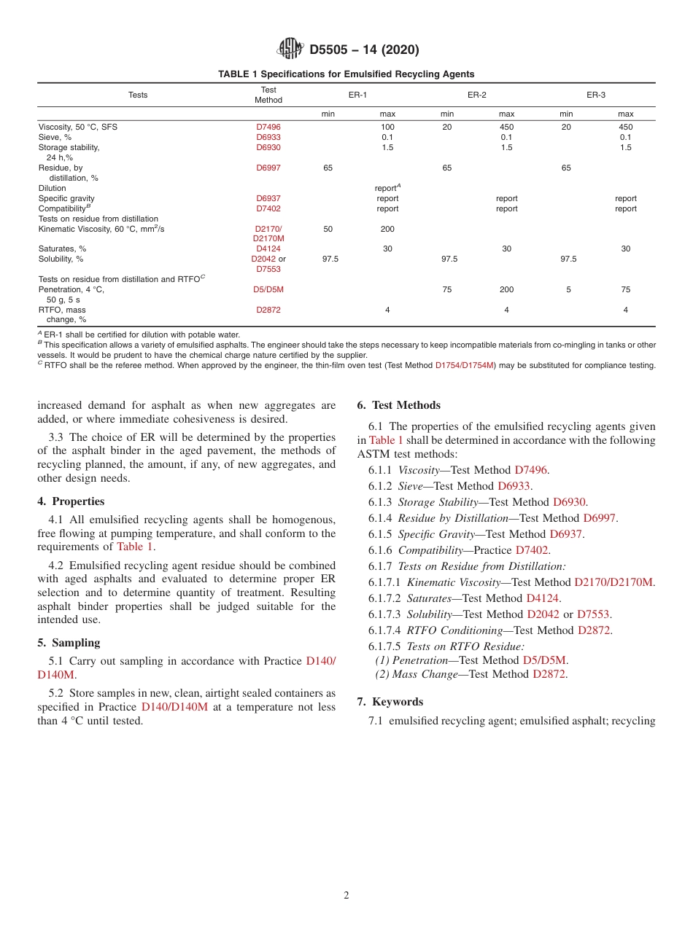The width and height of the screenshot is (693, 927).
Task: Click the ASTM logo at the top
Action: pyautogui.click(x=290, y=50)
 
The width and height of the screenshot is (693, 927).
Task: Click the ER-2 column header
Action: pyautogui.click(x=477, y=95)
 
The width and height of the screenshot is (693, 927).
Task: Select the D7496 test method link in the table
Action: pyautogui.click(x=268, y=127)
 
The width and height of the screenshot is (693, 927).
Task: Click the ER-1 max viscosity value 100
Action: pyautogui.click(x=387, y=127)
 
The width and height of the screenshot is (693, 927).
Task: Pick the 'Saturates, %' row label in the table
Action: pyautogui.click(x=62, y=249)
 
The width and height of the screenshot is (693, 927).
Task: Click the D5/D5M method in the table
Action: pyautogui.click(x=268, y=289)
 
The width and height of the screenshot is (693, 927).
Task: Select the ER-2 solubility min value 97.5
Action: pyautogui.click(x=449, y=259)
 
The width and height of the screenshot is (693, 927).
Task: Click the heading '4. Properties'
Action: pyautogui.click(x=71, y=501)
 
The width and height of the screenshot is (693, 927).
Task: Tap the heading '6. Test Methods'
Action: pyautogui.click(x=398, y=405)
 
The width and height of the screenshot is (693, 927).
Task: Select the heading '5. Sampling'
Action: pyautogui.click(x=69, y=643)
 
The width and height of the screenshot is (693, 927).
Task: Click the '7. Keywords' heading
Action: pyautogui.click(x=390, y=702)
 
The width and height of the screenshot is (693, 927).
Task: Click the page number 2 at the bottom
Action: pyautogui.click(x=346, y=896)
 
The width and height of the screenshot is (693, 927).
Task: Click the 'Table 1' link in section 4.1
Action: pyautogui.click(x=135, y=547)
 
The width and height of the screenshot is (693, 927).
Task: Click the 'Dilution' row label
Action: pyautogui.click(x=52, y=188)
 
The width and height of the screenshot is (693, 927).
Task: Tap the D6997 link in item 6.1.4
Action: pyautogui.click(x=599, y=518)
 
